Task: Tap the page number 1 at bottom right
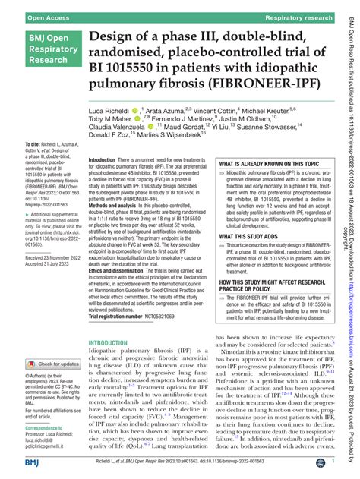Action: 334,462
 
